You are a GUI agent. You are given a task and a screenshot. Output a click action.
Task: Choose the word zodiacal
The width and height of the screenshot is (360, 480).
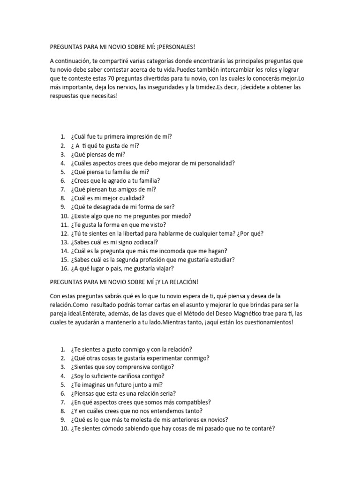143,242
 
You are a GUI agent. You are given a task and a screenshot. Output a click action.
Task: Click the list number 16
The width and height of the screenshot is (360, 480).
64,269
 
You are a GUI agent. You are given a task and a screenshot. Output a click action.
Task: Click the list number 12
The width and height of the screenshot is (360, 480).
64,233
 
